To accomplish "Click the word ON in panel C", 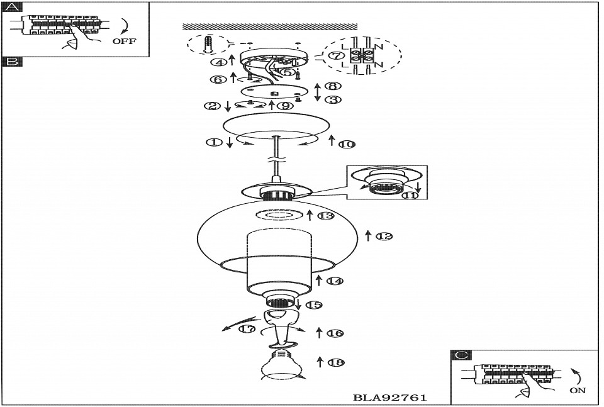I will (577, 390).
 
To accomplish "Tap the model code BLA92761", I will (390, 398).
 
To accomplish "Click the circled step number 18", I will (336, 362).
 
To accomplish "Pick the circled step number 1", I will (215, 142).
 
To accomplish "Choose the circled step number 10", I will (347, 144).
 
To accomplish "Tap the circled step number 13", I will (325, 216).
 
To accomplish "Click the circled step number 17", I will (247, 329).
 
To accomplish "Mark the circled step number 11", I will (410, 195).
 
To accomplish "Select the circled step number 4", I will (218, 62).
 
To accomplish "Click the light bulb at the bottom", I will (281, 365).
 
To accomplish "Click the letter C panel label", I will (461, 355).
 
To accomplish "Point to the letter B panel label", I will (13, 62).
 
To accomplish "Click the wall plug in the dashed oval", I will (209, 44).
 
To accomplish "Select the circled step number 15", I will (313, 305).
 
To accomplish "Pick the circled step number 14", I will (334, 281).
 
